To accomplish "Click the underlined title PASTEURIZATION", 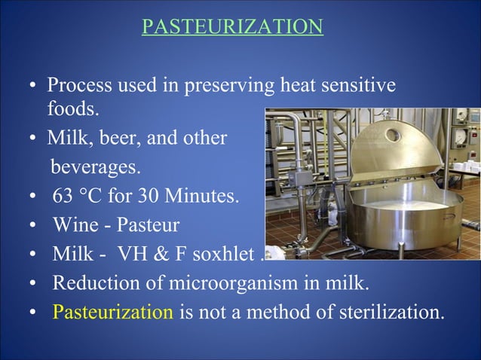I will pyautogui.click(x=233, y=27).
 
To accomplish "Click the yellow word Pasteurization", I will pyautogui.click(x=112, y=311).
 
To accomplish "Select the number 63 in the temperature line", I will pyautogui.click(x=63, y=198).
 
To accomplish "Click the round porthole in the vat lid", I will pyautogui.click(x=391, y=136).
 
